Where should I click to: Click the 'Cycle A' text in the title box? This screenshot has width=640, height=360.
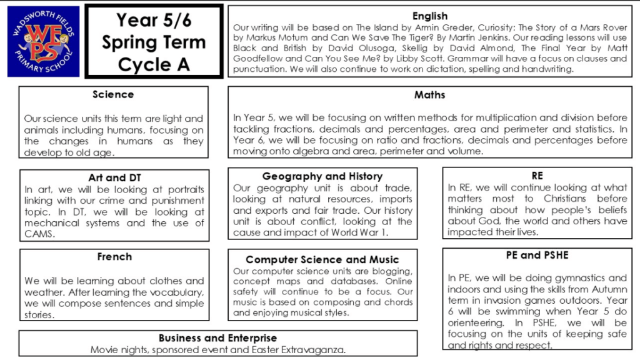[x=153, y=64]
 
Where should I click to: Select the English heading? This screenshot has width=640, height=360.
[x=430, y=16]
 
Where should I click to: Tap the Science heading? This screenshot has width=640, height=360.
[x=113, y=94]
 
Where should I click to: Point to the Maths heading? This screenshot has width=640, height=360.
[x=430, y=95]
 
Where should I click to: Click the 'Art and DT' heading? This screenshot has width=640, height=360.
[x=114, y=177]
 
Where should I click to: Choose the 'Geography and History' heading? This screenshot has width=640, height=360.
[x=322, y=176]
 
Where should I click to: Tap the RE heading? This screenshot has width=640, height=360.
[x=537, y=176]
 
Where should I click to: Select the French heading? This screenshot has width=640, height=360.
[x=114, y=257]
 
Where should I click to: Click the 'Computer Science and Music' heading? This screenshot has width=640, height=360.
[x=322, y=259]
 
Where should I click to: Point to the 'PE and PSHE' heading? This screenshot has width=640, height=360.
[x=537, y=256]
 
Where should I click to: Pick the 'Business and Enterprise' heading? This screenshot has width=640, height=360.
[x=218, y=338]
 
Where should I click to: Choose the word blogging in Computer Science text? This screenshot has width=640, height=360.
[x=390, y=271]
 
